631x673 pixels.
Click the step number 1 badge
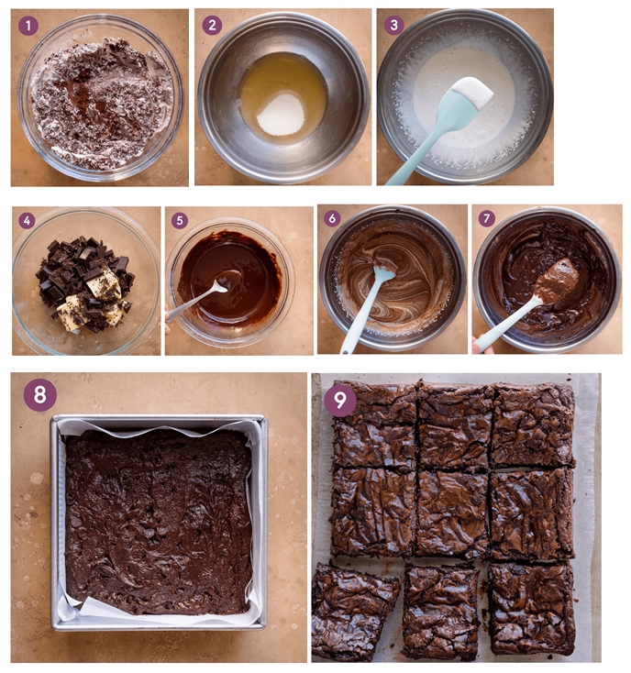(29, 26)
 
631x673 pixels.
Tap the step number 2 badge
(213, 26)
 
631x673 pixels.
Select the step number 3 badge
(394, 26)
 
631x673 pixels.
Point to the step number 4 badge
(27, 221)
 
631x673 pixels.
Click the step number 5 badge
(180, 221)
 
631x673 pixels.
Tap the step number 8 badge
(40, 395)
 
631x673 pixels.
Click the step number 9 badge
(340, 400)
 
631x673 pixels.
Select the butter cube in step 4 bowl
(103, 284)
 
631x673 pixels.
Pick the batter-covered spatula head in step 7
(555, 280)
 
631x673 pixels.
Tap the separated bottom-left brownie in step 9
(354, 610)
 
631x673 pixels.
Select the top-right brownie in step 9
(532, 425)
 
